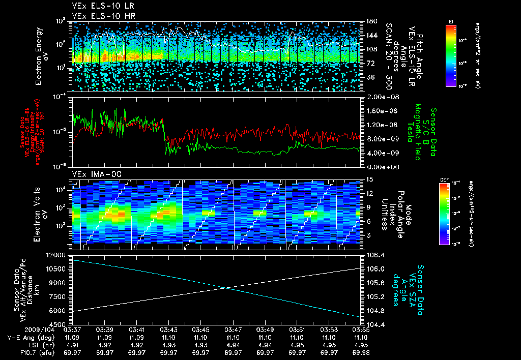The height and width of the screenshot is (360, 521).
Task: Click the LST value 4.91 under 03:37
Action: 73,345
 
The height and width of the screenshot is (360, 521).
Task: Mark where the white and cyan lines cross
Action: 225,288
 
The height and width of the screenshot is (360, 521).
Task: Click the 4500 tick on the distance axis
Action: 59,324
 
